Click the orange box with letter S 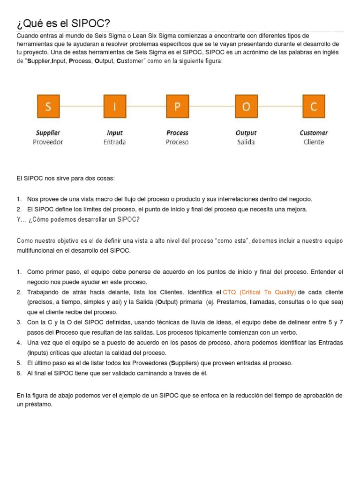click(x=48, y=106)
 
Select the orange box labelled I click(x=115, y=106)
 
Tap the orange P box click(x=177, y=106)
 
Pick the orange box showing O click(x=246, y=106)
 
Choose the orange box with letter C click(x=314, y=106)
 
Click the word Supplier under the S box click(x=48, y=133)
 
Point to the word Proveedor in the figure click(x=48, y=142)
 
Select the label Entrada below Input click(x=115, y=142)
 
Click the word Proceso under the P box click(x=177, y=142)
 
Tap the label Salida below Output click(x=246, y=142)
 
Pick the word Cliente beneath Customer click(x=314, y=142)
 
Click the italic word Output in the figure click(x=246, y=133)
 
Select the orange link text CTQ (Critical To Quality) click(x=259, y=292)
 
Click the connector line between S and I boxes click(x=81, y=106)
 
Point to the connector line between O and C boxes click(x=280, y=106)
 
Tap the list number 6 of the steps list click(x=19, y=373)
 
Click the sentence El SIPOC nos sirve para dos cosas click(x=65, y=179)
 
